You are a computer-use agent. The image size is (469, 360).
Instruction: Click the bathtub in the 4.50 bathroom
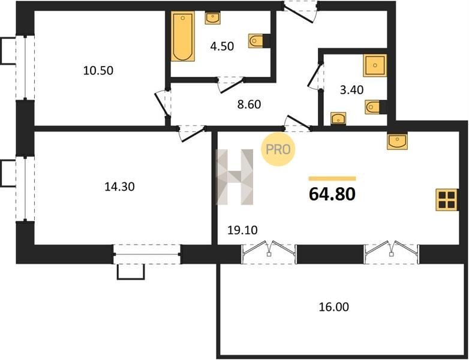(x=183, y=36)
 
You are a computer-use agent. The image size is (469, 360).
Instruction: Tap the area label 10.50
(x=98, y=71)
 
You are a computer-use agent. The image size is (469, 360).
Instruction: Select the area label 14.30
(x=119, y=187)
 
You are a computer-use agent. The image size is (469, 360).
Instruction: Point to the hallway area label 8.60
(x=249, y=104)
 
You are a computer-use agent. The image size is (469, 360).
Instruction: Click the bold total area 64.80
(x=332, y=194)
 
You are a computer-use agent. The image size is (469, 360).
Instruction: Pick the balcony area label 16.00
(x=334, y=307)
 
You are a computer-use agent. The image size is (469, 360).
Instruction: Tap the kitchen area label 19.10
(x=242, y=230)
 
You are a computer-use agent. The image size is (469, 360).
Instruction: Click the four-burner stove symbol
(x=447, y=200)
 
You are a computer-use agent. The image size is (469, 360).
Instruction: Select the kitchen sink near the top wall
(x=397, y=141)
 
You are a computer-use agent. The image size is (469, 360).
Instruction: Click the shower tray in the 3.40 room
(x=375, y=65)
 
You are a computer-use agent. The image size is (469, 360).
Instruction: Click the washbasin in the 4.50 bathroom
(x=213, y=18)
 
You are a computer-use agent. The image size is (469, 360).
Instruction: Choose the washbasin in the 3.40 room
(x=338, y=119)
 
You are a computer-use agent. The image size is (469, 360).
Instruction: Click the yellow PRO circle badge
(x=278, y=149)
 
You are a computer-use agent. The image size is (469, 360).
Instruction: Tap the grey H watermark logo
(x=235, y=177)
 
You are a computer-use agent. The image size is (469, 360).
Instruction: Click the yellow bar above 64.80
(x=332, y=179)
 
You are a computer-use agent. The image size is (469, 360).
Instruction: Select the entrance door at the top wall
(x=300, y=13)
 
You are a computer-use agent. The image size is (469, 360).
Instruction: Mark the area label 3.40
(x=351, y=90)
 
